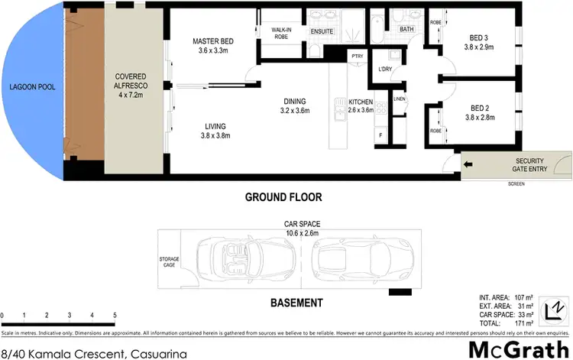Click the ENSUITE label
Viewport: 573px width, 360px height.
point(322,31)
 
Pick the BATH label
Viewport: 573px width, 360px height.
point(406,30)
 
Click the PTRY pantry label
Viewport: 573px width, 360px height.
point(357,57)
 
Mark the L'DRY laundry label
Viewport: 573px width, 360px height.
point(385,70)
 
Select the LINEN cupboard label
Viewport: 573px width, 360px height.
point(399,99)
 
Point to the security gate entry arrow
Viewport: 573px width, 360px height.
point(468,164)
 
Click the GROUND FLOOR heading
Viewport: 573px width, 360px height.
point(283,197)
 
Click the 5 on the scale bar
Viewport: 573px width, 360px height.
point(114,316)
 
